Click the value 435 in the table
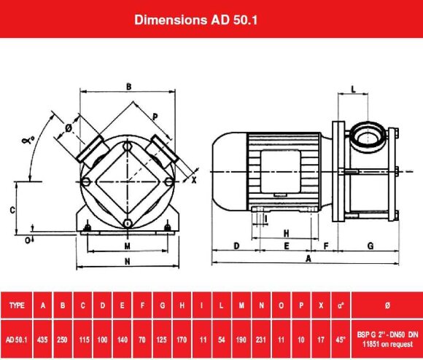[44, 339]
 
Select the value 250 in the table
[63, 339]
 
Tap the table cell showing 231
[260, 339]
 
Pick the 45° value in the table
[341, 339]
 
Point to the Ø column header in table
[386, 305]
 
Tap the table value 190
[241, 339]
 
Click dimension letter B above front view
[128, 87]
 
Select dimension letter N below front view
[127, 260]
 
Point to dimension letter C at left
[12, 208]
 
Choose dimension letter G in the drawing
[370, 246]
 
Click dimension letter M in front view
[127, 246]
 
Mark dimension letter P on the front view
[155, 117]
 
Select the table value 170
[181, 339]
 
